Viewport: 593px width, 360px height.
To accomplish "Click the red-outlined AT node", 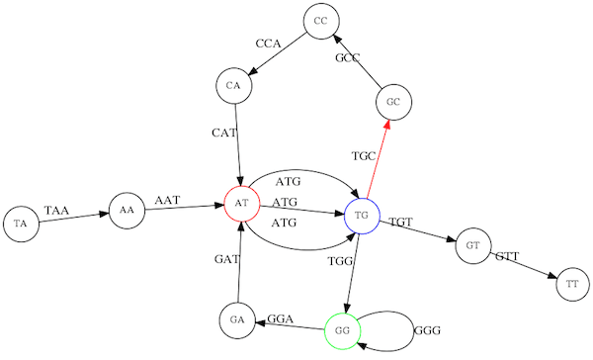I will [x=241, y=204].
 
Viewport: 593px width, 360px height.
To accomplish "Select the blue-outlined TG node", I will [x=362, y=215].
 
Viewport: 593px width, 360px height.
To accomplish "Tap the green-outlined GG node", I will [x=342, y=328].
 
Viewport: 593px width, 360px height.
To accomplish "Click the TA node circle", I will [x=21, y=224].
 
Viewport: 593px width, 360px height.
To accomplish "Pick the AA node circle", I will [x=126, y=210].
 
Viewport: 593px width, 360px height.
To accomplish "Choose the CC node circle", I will [x=319, y=21].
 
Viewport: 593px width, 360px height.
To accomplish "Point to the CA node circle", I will [x=233, y=85].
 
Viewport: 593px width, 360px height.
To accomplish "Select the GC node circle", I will [x=392, y=102].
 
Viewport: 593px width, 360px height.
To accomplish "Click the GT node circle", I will [x=473, y=244].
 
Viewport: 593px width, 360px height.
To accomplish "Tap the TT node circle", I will [x=572, y=285].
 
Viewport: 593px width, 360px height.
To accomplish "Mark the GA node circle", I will [x=236, y=319].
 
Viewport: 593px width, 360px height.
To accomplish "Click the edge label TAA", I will [x=57, y=210].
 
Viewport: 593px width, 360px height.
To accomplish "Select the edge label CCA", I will [x=268, y=44].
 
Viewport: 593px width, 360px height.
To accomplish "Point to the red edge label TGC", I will [x=363, y=156].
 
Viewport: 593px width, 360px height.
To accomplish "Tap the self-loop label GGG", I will [x=427, y=329].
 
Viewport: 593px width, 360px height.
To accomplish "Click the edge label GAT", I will [x=227, y=259].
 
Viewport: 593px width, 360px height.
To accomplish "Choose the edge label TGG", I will [x=340, y=261].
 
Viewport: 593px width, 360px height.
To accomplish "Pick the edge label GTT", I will [x=507, y=256].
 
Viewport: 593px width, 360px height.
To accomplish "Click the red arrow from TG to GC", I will [x=377, y=158].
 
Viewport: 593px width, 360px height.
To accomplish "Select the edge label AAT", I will [x=167, y=201].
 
